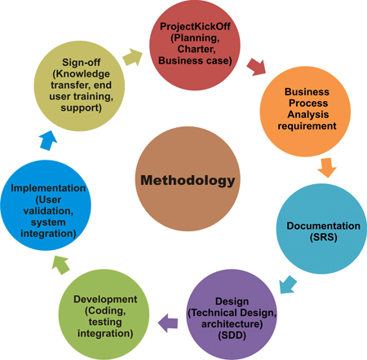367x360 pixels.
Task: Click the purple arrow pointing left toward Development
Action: click(168, 320)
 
